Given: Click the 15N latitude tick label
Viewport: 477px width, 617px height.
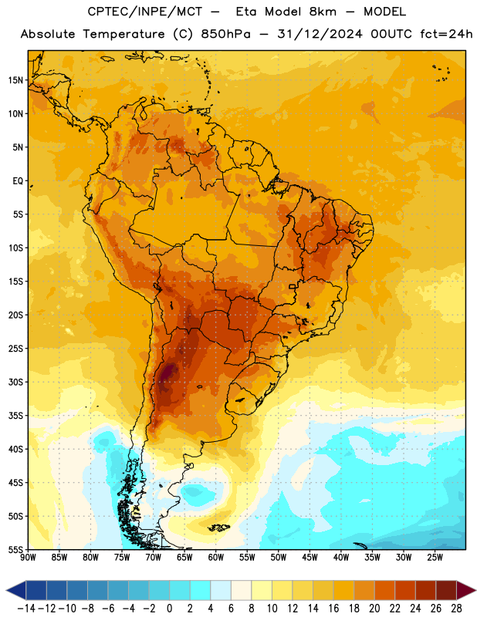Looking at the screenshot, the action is pyautogui.click(x=15, y=80).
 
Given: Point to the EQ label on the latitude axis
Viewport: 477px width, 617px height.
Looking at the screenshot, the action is pyautogui.click(x=18, y=181).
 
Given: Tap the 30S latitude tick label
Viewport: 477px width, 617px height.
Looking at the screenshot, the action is pyautogui.click(x=15, y=382).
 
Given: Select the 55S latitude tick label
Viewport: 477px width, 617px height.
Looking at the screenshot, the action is pyautogui.click(x=15, y=550).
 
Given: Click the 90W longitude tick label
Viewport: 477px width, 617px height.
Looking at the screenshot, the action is pyautogui.click(x=28, y=558).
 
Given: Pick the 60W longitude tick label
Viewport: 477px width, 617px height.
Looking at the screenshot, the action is pyautogui.click(x=216, y=558).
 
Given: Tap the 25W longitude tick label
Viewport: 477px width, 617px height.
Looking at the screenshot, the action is pyautogui.click(x=435, y=558).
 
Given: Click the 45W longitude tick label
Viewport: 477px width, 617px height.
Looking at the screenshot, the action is pyautogui.click(x=310, y=558).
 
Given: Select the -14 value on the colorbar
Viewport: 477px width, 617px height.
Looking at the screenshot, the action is pyautogui.click(x=26, y=609).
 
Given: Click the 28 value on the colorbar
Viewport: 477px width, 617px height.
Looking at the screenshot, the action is pyautogui.click(x=456, y=609).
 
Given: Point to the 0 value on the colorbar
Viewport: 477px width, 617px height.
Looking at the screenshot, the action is pyautogui.click(x=169, y=609).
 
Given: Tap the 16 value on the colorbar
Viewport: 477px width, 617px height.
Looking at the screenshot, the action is pyautogui.click(x=333, y=609).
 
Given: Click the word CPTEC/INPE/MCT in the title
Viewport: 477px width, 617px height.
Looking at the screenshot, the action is pyautogui.click(x=145, y=12).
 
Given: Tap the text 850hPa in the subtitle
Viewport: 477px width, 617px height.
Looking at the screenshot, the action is pyautogui.click(x=225, y=34).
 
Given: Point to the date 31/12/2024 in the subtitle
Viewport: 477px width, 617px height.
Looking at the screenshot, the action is pyautogui.click(x=320, y=34).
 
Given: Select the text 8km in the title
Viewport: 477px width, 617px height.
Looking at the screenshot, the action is pyautogui.click(x=323, y=12).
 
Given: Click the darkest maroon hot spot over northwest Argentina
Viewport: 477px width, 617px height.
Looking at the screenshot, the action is pyautogui.click(x=167, y=372).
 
